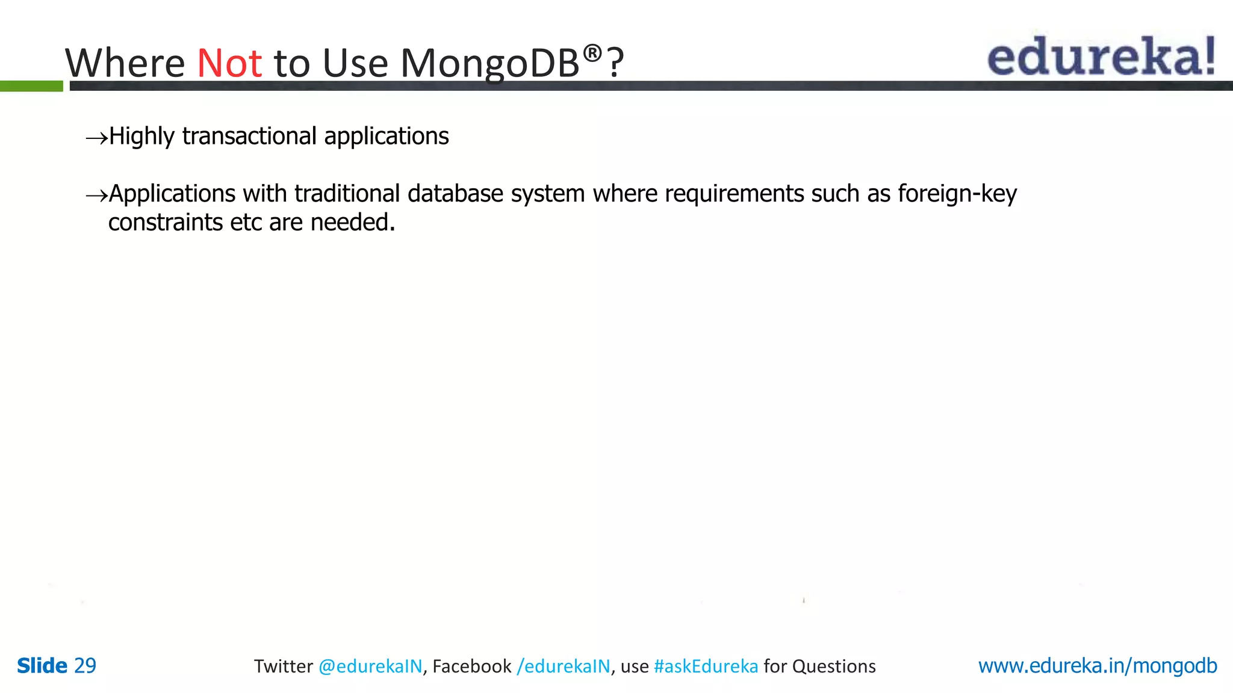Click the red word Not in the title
(229, 63)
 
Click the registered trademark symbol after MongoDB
(592, 54)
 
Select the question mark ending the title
(615, 63)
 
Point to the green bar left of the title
(31, 86)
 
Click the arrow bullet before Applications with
(96, 196)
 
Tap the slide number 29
(85, 666)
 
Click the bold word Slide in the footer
(42, 666)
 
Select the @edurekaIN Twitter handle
(370, 667)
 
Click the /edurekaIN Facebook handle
(564, 667)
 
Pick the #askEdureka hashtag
(706, 667)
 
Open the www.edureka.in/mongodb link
(1097, 666)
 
